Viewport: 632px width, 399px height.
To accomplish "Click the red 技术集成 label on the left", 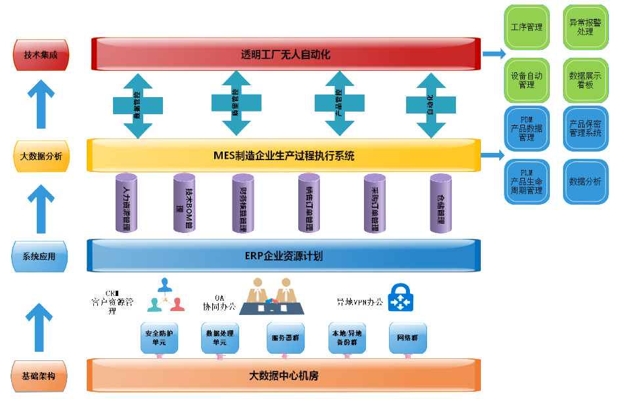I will (x=41, y=55).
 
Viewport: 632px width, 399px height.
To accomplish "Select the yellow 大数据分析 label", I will (x=41, y=156).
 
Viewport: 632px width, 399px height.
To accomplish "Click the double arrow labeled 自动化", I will (x=430, y=104).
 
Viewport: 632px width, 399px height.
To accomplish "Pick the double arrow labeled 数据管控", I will (x=138, y=105).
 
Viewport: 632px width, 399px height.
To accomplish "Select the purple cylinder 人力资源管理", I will (x=126, y=203).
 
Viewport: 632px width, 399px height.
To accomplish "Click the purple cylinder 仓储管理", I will (x=440, y=203).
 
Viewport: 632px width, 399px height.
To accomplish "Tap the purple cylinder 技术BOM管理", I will (x=184, y=203).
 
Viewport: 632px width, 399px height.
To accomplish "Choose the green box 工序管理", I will (x=526, y=28).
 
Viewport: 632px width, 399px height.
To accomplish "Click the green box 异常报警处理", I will (x=585, y=28).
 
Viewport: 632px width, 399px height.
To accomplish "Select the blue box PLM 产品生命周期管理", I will (x=526, y=181).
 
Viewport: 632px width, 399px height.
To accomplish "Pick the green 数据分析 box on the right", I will (x=585, y=181).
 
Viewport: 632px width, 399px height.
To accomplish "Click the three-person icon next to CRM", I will (x=164, y=295).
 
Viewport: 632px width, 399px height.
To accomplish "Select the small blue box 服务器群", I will (x=286, y=337).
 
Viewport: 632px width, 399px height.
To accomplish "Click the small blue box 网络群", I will (x=407, y=337).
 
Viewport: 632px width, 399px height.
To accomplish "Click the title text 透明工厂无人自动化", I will (x=285, y=54).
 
